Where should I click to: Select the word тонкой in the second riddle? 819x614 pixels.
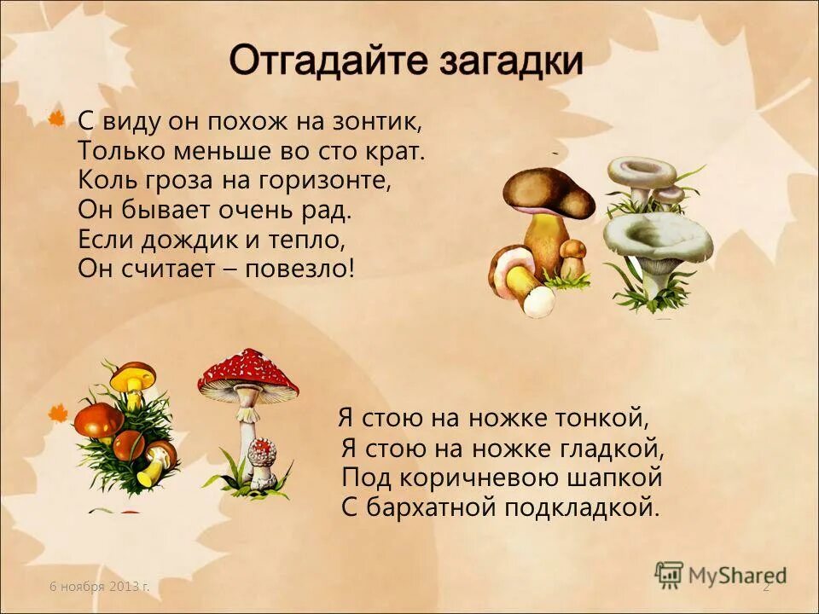(604, 418)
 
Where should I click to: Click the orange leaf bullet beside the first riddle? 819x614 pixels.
(57, 119)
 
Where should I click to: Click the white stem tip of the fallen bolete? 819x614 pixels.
(537, 300)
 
